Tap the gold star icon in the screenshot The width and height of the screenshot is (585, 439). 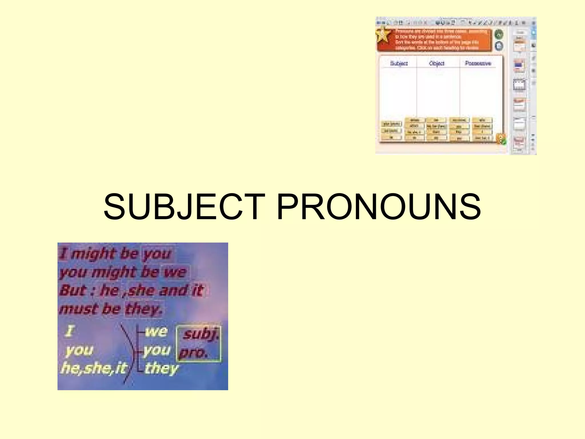(383, 34)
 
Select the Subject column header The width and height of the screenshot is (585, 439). (399, 63)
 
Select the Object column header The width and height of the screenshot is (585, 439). (437, 63)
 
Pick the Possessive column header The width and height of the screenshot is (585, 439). (478, 63)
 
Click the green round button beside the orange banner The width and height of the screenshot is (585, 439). (499, 35)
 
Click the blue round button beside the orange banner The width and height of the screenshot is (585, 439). (499, 46)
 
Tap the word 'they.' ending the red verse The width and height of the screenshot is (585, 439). (144, 309)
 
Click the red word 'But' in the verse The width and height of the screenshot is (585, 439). (73, 290)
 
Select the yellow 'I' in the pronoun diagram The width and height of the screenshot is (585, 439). (69, 332)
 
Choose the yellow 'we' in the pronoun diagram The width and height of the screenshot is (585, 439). (156, 332)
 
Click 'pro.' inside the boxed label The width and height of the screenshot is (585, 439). (193, 353)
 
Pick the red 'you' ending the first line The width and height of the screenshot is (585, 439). (157, 254)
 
